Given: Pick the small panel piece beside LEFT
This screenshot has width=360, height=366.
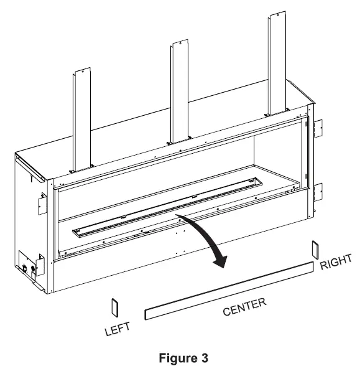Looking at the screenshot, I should (x=113, y=306).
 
